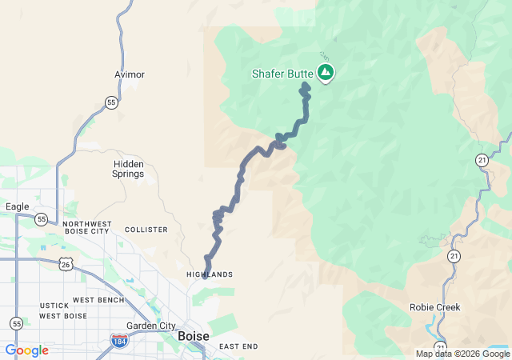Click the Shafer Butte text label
[x=282, y=74]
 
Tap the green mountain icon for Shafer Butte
[x=326, y=74]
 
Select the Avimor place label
[x=130, y=74]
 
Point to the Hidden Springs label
[x=128, y=168]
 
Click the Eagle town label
[x=18, y=206]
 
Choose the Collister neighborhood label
[x=146, y=230]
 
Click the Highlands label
[x=210, y=274]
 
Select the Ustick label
[x=55, y=306]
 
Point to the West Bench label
[x=98, y=300]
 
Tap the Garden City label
[x=151, y=326]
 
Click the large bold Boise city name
[x=194, y=336]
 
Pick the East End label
[x=238, y=346]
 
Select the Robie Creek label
[x=435, y=307]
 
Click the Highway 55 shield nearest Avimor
[x=111, y=102]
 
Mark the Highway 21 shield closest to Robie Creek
[x=454, y=256]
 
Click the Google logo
[x=26, y=350]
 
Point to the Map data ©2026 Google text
[x=462, y=354]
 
